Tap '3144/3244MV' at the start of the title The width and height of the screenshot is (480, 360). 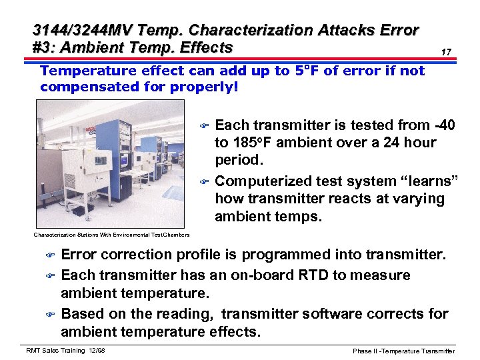[74, 31]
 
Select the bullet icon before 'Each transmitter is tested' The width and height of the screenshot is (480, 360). [205, 126]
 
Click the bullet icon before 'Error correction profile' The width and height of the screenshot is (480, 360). [49, 255]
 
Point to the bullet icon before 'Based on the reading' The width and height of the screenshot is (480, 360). [49, 314]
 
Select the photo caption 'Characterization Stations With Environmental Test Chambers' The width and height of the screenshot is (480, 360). [111, 235]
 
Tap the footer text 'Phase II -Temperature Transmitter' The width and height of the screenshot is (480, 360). [403, 351]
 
